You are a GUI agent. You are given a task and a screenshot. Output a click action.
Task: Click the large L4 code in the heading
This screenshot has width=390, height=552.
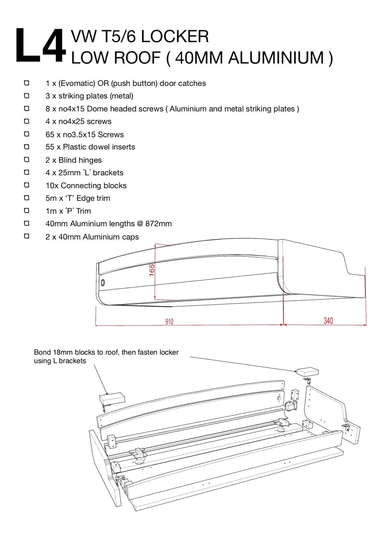coord(41,46)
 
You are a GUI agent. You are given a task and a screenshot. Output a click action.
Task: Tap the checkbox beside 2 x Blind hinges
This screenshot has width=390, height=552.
coord(27,160)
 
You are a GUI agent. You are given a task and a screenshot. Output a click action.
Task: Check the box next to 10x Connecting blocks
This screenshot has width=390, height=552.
coord(27,185)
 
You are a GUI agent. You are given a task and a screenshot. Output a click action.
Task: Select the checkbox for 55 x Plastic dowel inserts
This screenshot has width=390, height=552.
coord(27,147)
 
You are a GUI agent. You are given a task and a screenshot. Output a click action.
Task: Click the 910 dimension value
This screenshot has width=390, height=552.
coord(169,321)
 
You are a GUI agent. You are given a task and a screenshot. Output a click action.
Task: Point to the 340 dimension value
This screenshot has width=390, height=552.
coord(328,321)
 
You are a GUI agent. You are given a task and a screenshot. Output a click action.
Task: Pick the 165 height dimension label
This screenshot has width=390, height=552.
coord(152,270)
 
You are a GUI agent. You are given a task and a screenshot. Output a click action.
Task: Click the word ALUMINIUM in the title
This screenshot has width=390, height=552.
coord(276,58)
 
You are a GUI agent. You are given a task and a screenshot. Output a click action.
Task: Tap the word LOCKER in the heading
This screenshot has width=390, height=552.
coord(174,37)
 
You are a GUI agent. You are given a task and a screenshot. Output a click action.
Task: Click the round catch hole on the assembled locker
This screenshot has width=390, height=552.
coord(103,282)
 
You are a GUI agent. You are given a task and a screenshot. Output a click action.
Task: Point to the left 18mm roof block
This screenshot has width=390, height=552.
coord(112,399)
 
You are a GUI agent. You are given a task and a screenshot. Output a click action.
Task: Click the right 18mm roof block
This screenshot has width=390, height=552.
coord(308,371)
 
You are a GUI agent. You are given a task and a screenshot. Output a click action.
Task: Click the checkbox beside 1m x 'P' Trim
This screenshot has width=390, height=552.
coord(27,211)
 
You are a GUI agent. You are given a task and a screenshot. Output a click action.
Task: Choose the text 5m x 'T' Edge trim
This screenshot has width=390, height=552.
coord(78,198)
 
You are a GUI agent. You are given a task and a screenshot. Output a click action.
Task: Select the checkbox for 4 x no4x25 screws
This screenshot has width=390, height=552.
coord(27,121)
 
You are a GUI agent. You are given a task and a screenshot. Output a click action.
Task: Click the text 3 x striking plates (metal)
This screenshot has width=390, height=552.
coord(89,96)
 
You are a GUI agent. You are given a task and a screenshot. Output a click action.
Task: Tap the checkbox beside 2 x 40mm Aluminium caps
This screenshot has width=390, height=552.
coord(27,236)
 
